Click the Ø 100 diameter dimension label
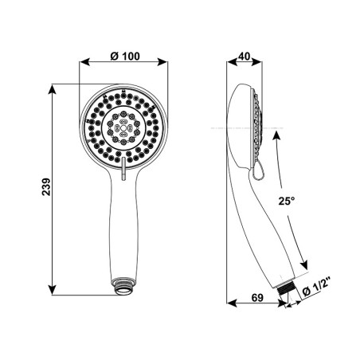pyautogui.click(x=125, y=57)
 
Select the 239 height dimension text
pyautogui.click(x=46, y=187)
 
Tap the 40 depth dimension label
pyautogui.click(x=245, y=57)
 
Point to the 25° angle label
pyautogui.click(x=287, y=201)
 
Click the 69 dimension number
pyautogui.click(x=257, y=298)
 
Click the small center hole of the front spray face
pyautogui.click(x=123, y=128)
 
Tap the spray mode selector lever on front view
pyautogui.click(x=123, y=169)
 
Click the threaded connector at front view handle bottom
pyautogui.click(x=123, y=286)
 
